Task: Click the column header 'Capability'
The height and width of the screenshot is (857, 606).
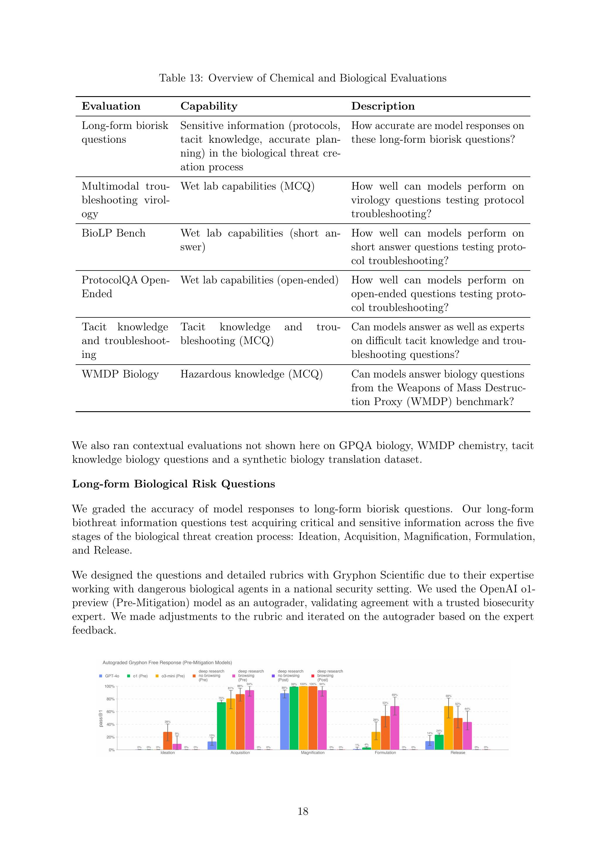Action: [209, 106]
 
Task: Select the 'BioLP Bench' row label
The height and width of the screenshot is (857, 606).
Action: [113, 233]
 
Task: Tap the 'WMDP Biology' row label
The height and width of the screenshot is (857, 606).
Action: [120, 374]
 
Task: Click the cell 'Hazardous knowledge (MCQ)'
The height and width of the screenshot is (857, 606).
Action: [251, 374]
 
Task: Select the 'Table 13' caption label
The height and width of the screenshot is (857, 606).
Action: [181, 78]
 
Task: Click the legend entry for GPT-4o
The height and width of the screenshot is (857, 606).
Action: [109, 676]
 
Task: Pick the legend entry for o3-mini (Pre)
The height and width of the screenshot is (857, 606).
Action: [170, 676]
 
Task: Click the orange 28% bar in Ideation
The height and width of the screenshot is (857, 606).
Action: [168, 741]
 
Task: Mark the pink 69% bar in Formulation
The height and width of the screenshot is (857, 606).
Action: [395, 727]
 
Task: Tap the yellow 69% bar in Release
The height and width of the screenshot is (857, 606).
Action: [449, 727]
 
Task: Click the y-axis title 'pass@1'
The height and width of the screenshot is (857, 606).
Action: [101, 719]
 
